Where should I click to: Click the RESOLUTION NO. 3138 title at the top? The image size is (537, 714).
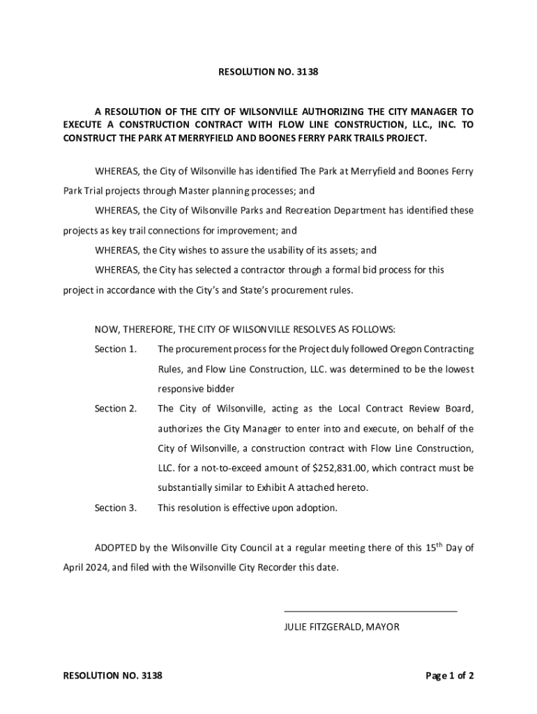point(268,71)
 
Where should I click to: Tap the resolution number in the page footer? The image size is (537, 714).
point(112,676)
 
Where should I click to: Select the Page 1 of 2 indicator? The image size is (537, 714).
point(450,676)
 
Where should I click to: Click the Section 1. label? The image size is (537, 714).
point(115,349)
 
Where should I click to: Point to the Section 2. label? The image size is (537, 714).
point(115,409)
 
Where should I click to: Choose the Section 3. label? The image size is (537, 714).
point(115,508)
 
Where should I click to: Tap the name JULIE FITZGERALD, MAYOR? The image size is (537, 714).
point(341,627)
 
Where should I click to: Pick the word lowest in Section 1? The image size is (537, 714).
point(457,369)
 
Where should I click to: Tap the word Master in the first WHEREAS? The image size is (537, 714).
point(197,190)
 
